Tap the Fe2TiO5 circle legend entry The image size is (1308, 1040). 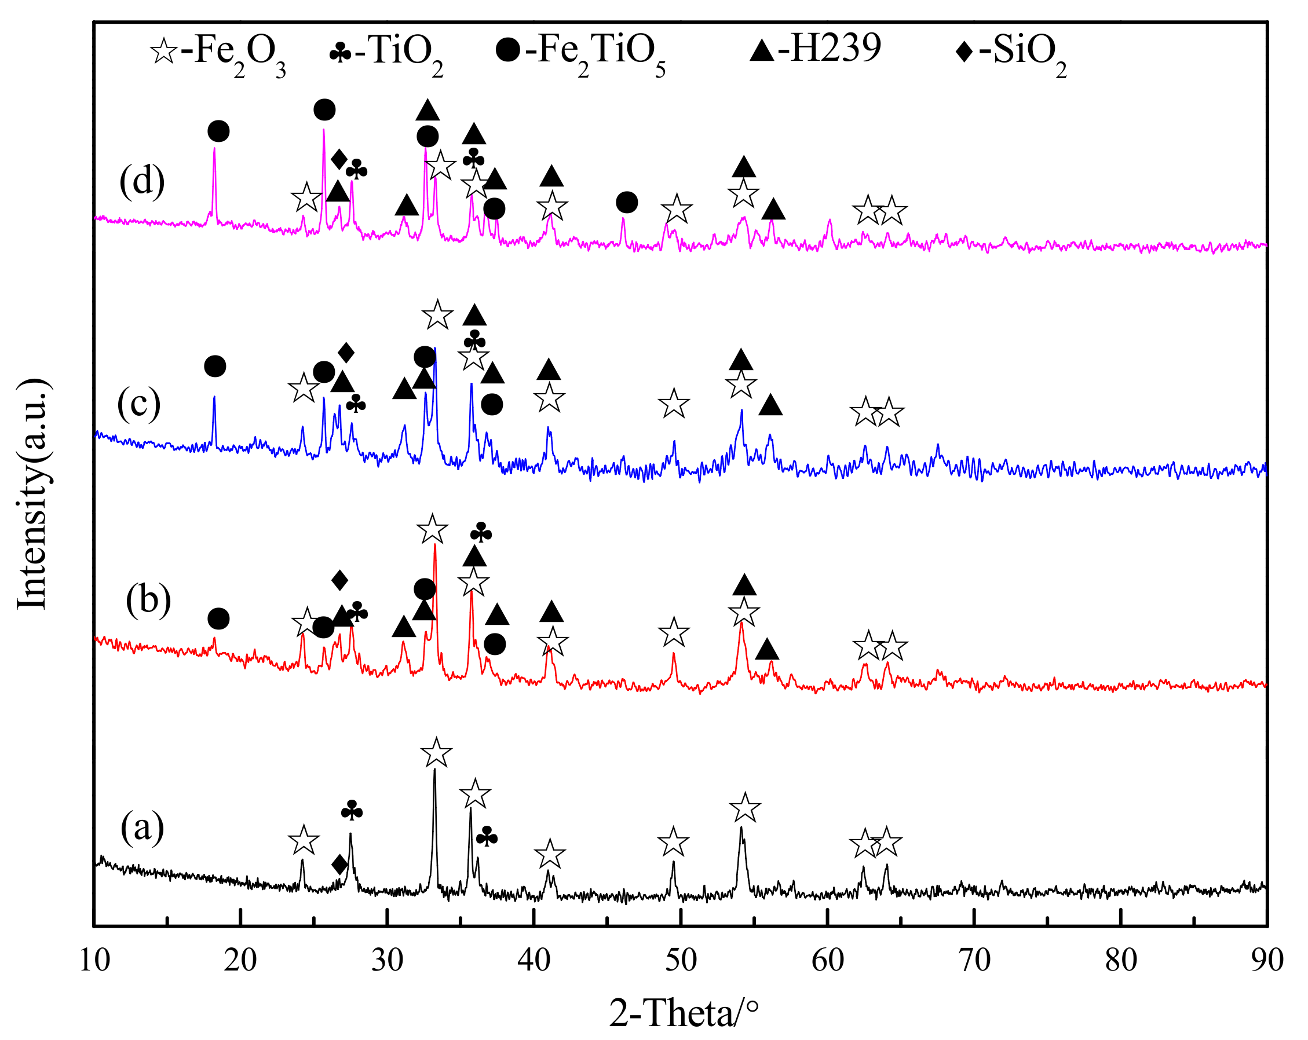[x=580, y=52]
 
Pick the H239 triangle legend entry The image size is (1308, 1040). [x=815, y=49]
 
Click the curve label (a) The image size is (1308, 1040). [x=142, y=829]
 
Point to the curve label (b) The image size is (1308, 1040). [x=148, y=600]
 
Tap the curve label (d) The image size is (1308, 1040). [x=142, y=181]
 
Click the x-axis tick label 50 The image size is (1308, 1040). [x=681, y=961]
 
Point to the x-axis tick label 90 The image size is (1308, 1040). [x=1267, y=961]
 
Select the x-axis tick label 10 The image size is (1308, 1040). [x=94, y=961]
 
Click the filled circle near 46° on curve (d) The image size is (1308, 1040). [x=627, y=203]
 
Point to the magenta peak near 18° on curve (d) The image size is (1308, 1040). [x=214, y=149]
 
